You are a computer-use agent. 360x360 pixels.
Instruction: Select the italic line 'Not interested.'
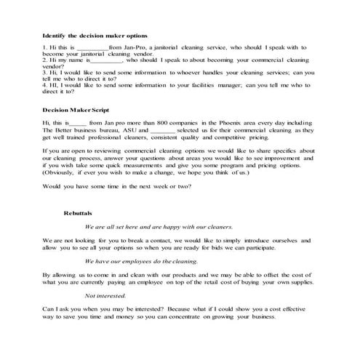click(x=105, y=295)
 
